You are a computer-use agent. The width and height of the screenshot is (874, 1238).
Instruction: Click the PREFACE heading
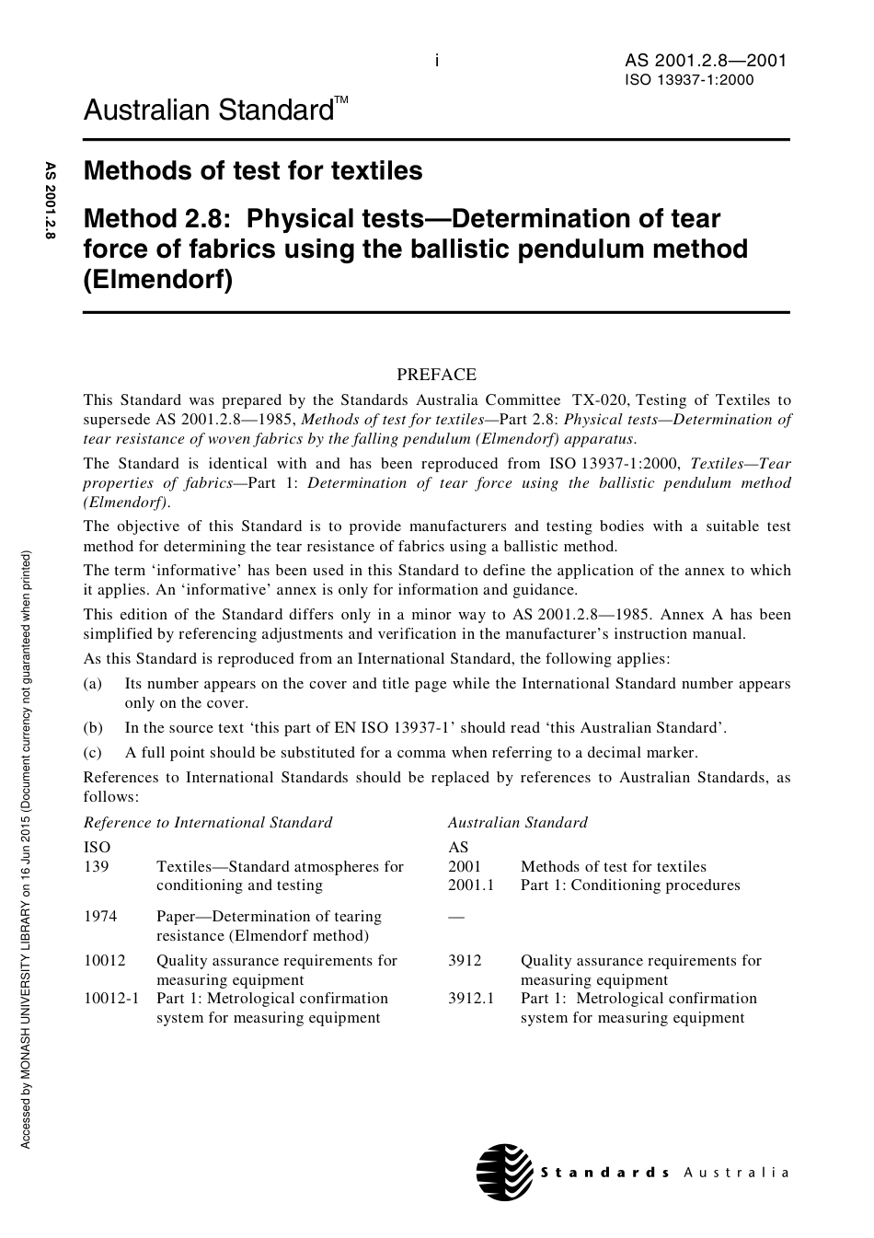[436, 375]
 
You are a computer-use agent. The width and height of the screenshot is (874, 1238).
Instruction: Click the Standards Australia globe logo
[505, 1172]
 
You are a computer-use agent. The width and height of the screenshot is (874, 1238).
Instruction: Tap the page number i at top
[437, 62]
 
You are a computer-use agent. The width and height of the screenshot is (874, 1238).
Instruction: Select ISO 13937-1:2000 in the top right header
[689, 80]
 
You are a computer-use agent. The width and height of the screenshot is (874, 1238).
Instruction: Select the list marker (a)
[93, 684]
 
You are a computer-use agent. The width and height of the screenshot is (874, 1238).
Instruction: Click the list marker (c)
[93, 753]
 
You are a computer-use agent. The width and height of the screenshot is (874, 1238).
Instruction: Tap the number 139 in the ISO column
[96, 866]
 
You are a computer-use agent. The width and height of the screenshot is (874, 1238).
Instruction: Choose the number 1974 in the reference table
[100, 917]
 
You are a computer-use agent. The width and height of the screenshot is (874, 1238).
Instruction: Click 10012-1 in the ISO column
[111, 999]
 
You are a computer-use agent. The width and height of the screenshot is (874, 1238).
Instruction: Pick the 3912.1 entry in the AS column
[471, 999]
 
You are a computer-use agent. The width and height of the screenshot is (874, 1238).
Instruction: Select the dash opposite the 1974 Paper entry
[456, 917]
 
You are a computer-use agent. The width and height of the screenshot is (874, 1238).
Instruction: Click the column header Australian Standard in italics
[517, 822]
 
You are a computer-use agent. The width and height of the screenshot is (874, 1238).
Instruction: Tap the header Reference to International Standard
[208, 822]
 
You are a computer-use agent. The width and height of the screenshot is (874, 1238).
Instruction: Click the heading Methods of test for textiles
[253, 171]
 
